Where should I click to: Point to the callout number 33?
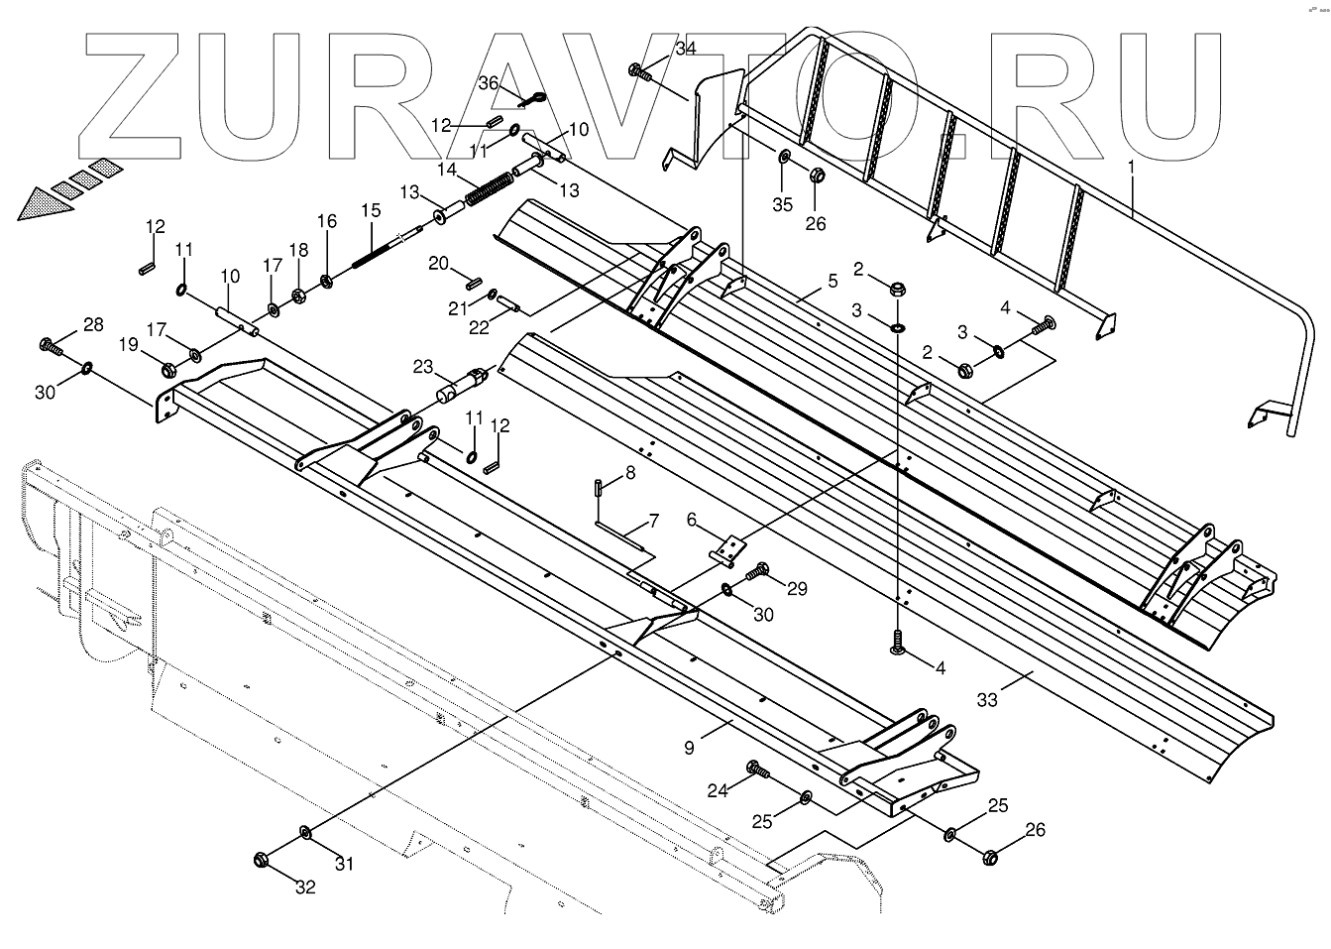pos(987,700)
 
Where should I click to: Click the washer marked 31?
pos(305,831)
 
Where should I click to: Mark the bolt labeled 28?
pos(50,345)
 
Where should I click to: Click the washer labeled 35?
pos(784,158)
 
